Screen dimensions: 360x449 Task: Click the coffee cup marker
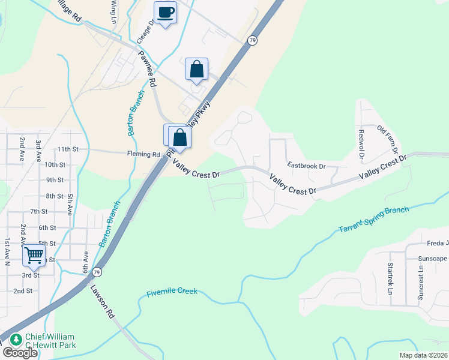(166, 13)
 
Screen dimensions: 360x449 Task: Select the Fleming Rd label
(143, 154)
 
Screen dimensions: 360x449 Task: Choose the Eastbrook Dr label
(306, 165)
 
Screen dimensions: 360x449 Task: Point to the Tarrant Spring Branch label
(373, 220)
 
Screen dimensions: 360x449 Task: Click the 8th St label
(55, 196)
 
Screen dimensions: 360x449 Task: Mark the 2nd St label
(23, 290)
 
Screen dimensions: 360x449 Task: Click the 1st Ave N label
(8, 250)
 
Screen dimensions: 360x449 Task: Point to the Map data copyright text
(424, 355)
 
